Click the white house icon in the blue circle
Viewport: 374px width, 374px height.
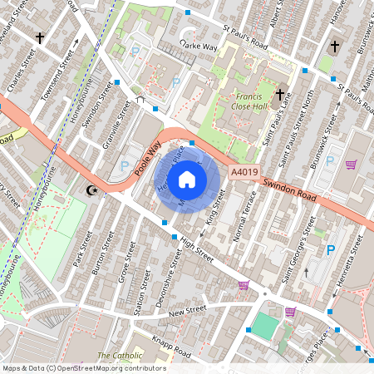point(187,179)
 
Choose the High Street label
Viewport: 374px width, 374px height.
point(197,249)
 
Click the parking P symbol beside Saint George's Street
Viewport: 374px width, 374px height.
point(330,249)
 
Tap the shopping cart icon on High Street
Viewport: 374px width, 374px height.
point(244,285)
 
